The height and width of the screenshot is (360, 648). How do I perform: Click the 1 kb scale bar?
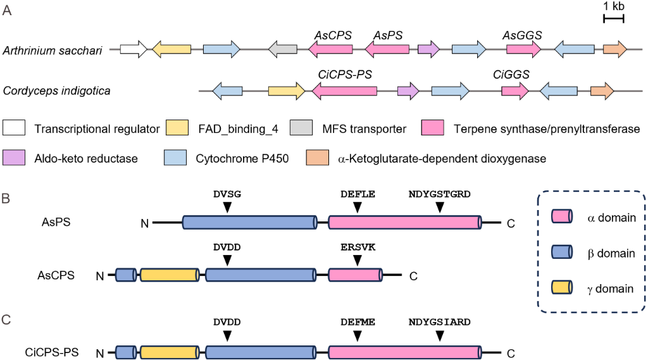pos(613,20)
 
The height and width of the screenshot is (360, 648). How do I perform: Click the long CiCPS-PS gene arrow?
pos(344,91)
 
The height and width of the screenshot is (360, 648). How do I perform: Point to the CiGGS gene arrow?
pos(514,91)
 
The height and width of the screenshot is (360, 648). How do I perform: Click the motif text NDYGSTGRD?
pos(440,194)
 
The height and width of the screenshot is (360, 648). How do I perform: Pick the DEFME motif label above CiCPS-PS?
pos(358,321)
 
